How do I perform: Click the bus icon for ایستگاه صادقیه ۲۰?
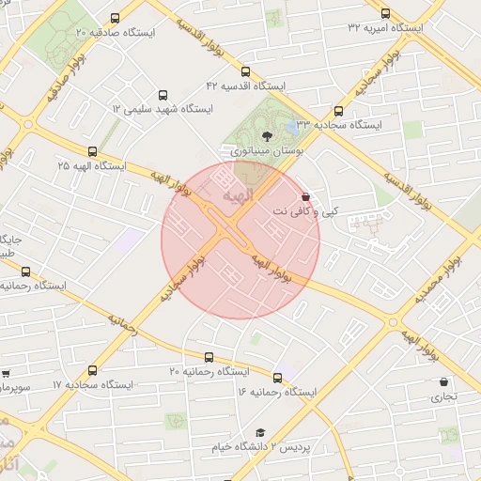(x=116, y=18)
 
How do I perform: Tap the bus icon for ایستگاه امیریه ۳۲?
(x=385, y=13)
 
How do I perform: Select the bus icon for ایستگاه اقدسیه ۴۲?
(x=245, y=71)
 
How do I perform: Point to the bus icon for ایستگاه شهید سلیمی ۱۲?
(x=163, y=95)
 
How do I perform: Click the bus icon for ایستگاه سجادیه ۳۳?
(x=338, y=110)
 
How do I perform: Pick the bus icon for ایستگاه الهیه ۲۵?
(x=91, y=150)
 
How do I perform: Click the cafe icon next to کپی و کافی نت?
(x=304, y=197)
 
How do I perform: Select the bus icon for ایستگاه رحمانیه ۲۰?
(x=208, y=357)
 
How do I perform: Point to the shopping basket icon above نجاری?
(x=443, y=382)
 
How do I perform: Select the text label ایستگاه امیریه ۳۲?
(x=385, y=28)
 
